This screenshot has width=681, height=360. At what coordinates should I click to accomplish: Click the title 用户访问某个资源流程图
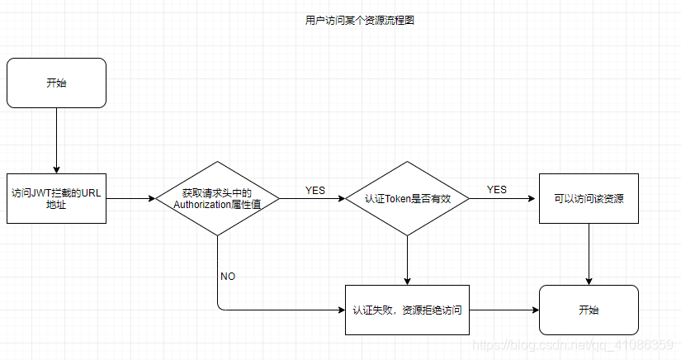[360, 20]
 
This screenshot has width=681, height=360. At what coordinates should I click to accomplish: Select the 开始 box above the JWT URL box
[56, 83]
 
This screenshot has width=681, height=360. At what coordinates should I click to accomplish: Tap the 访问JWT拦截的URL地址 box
[56, 198]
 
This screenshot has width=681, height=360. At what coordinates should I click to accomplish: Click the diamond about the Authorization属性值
[217, 198]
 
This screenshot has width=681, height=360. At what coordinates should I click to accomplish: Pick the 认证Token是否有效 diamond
[407, 198]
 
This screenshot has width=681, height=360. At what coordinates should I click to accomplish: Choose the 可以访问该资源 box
[589, 198]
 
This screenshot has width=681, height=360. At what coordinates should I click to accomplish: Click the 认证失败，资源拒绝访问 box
[407, 310]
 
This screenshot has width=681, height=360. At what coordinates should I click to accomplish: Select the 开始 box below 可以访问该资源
[589, 310]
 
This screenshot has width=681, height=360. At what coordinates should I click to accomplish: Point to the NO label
[228, 276]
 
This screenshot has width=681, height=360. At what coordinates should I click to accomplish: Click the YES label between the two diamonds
[314, 190]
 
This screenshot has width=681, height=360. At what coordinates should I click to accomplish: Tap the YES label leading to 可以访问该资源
[496, 189]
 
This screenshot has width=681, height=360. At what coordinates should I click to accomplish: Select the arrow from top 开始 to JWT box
[56, 140]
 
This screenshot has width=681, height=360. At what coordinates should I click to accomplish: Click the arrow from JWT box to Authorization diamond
[130, 198]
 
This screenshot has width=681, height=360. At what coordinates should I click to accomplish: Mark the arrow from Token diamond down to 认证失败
[407, 261]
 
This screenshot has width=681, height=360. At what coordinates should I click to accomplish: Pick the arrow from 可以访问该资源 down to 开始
[589, 254]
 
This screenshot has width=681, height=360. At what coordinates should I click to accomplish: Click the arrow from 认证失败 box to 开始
[504, 310]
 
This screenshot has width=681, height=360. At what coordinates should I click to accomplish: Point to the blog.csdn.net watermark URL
[572, 345]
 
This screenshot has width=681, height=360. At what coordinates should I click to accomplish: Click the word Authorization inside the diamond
[202, 205]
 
